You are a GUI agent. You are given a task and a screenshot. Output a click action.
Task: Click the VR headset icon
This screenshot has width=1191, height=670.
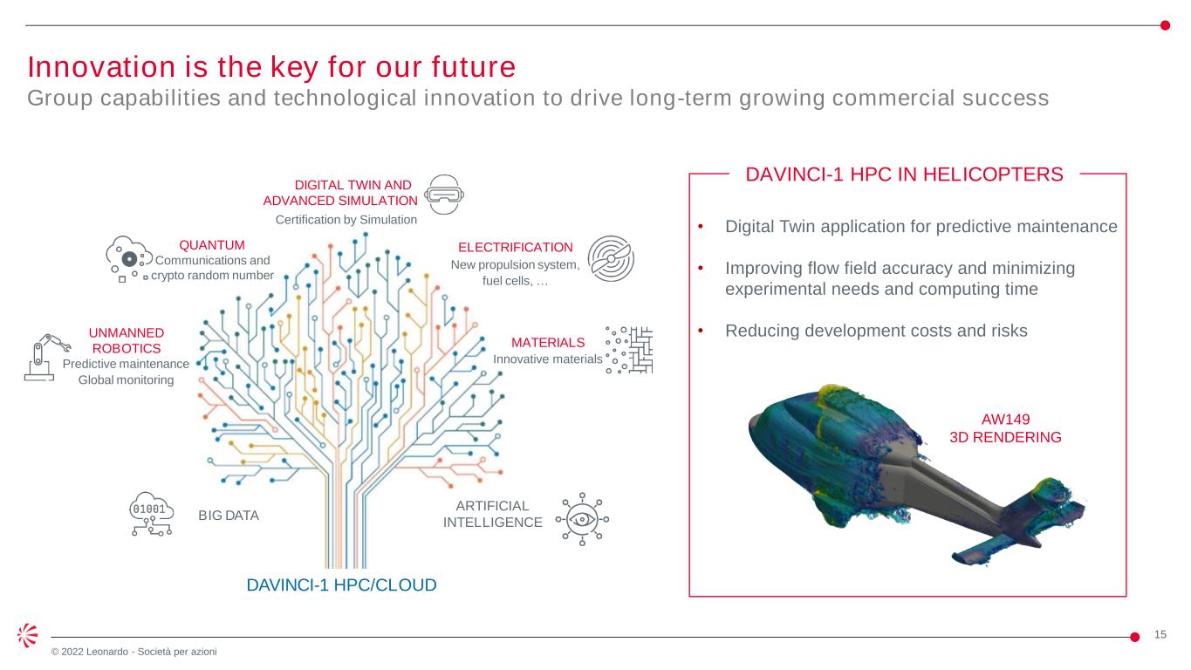tap(445, 194)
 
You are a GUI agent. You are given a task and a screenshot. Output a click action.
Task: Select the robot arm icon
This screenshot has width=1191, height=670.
tap(43, 359)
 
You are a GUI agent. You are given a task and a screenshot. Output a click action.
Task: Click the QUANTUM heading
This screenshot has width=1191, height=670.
tap(212, 245)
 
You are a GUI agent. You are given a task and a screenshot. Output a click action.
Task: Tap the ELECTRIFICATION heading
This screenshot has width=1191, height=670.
tap(515, 248)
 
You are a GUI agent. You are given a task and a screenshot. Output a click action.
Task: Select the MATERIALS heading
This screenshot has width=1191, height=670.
tap(548, 342)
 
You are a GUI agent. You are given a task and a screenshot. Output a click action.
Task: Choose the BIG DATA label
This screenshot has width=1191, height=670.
tap(229, 516)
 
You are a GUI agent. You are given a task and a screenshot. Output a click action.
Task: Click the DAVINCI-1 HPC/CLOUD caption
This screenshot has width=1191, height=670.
tap(341, 585)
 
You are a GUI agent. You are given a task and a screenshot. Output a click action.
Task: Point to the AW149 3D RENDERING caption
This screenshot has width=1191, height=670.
tap(1005, 428)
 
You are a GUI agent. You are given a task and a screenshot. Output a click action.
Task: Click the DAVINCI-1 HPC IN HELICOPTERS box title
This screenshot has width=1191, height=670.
tap(904, 174)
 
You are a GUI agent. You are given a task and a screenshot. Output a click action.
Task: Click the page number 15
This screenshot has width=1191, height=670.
tap(1160, 634)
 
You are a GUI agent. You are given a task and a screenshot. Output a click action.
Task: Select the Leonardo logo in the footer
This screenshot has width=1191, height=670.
tap(27, 636)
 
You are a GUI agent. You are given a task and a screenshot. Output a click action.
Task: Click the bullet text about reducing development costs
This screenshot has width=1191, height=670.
tap(876, 332)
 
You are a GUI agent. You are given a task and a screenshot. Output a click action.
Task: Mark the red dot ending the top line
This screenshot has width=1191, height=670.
tap(1165, 24)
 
